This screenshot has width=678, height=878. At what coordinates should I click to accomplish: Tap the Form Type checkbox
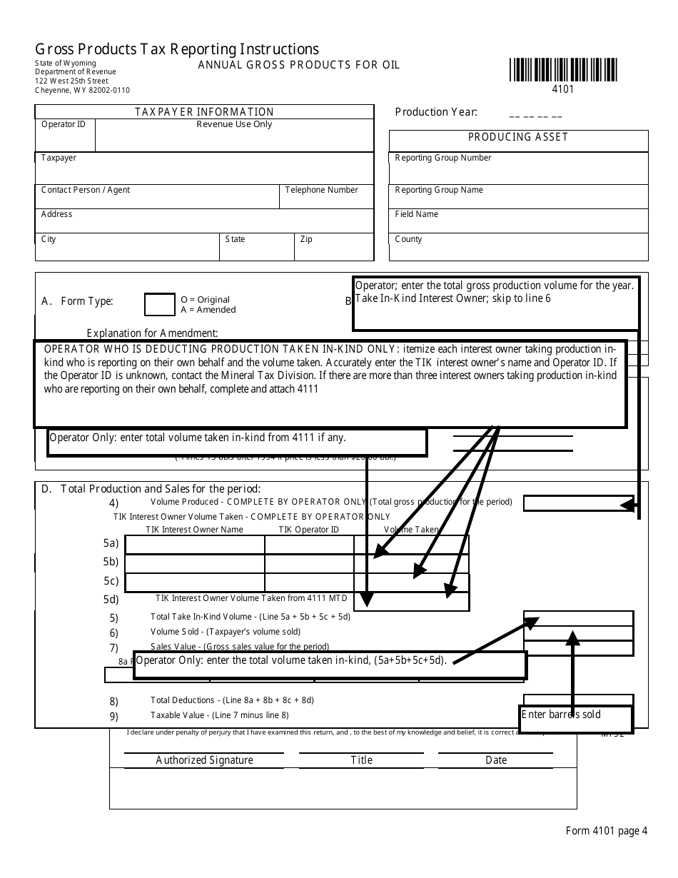click(x=159, y=305)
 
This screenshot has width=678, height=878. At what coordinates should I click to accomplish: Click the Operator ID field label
click(x=64, y=124)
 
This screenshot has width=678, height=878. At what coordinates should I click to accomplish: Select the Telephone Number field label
click(x=321, y=190)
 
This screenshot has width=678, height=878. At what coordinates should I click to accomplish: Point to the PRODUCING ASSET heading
click(x=518, y=137)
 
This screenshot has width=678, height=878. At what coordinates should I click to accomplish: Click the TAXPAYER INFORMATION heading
click(x=205, y=112)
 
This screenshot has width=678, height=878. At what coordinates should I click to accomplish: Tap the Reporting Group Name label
click(x=439, y=190)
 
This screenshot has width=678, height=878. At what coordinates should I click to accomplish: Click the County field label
click(x=408, y=239)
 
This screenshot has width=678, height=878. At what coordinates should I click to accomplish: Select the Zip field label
click(x=306, y=239)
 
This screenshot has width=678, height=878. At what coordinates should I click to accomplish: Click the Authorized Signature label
click(x=204, y=760)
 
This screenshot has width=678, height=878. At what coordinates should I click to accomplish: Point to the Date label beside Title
click(x=496, y=760)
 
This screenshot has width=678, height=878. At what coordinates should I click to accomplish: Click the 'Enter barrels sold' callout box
click(x=575, y=719)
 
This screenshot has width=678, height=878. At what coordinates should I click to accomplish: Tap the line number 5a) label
click(x=111, y=543)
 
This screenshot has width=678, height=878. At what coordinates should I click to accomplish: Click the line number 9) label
click(x=114, y=716)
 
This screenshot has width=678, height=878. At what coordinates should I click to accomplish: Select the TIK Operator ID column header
click(x=308, y=530)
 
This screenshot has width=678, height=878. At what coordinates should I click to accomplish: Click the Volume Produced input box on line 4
click(x=578, y=503)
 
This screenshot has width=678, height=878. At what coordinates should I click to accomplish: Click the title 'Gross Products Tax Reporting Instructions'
click(x=177, y=49)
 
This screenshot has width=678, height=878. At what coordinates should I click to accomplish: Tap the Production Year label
click(x=436, y=112)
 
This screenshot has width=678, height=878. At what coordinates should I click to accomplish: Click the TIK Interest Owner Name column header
click(x=194, y=530)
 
